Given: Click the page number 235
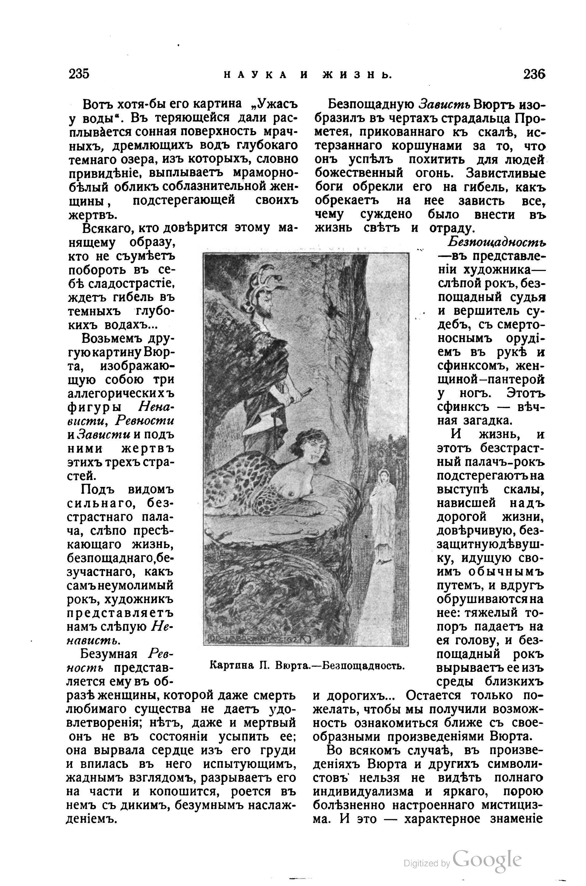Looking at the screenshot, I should pyautogui.click(x=79, y=74).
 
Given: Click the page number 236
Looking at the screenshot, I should pyautogui.click(x=534, y=74).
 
